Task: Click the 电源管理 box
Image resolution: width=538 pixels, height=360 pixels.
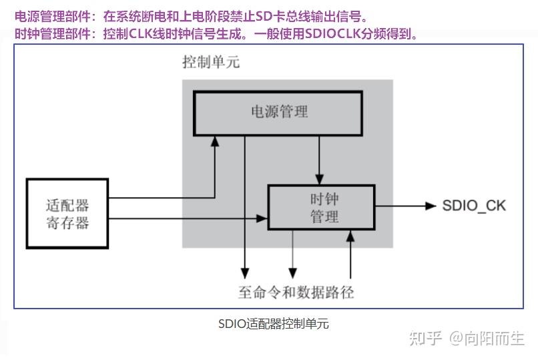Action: coord(278,112)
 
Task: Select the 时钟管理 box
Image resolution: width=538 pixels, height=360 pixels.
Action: coord(320,207)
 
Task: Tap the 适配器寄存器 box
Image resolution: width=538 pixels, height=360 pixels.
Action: coord(67,213)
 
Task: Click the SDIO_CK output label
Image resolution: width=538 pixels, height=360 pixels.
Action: coord(474,206)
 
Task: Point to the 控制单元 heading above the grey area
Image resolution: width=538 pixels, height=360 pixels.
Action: coord(211,63)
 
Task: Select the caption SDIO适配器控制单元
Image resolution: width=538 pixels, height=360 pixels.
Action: coord(273,325)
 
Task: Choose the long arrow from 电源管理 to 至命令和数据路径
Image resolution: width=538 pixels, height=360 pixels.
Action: coord(245,200)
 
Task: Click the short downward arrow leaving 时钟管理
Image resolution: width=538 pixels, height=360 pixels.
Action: coord(292,254)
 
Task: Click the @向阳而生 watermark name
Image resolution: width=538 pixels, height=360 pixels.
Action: coord(487,339)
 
